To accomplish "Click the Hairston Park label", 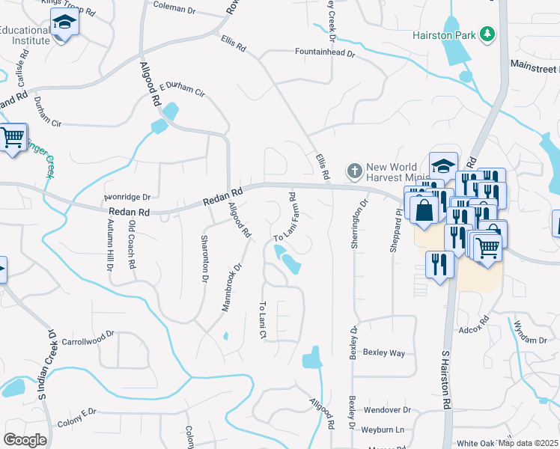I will (x=445, y=35).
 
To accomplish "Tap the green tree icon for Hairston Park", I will (x=487, y=34).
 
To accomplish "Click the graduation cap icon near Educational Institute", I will (x=65, y=24).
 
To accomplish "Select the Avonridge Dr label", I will (x=127, y=198).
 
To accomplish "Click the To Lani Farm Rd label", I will (x=286, y=218).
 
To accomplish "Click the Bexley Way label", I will (x=383, y=352).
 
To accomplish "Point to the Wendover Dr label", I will (x=387, y=410).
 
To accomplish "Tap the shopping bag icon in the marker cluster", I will (x=424, y=210).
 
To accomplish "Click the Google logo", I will (x=25, y=440).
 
